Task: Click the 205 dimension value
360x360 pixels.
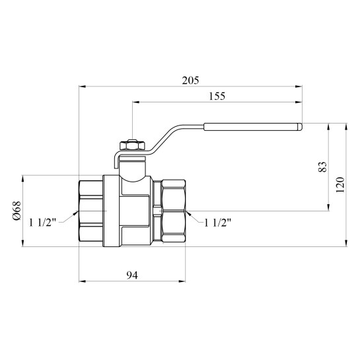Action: [190, 81]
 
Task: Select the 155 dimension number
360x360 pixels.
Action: [217, 96]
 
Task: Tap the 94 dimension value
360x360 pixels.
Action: [132, 275]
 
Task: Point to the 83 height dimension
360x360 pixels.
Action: [322, 167]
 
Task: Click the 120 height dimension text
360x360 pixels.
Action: [340, 185]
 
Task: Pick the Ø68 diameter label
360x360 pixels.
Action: [17, 211]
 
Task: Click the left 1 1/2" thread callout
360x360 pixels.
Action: [42, 223]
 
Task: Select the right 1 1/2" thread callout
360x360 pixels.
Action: [217, 223]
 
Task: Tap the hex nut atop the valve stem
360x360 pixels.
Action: [132, 145]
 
